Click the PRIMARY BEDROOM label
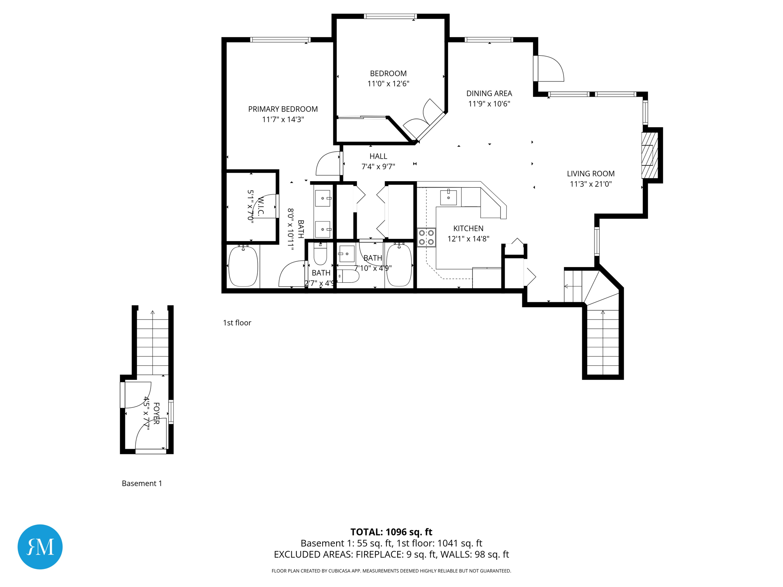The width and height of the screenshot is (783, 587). [x=283, y=109]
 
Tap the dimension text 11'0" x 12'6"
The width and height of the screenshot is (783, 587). [x=388, y=84]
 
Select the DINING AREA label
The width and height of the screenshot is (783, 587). [x=489, y=93]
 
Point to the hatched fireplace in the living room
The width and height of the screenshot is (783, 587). [x=649, y=155]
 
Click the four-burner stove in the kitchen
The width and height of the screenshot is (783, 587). [x=426, y=237]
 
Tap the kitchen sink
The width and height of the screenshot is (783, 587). [x=448, y=197]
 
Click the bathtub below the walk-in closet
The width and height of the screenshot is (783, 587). [x=243, y=266]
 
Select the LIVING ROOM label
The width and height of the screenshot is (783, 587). [x=590, y=174]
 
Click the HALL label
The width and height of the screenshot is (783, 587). [x=378, y=156]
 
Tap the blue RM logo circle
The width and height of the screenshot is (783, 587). [x=40, y=546]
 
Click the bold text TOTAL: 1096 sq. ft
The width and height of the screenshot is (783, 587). [x=391, y=532]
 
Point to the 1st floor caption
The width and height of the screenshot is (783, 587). [x=237, y=323]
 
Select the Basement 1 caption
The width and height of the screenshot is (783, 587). [x=142, y=483]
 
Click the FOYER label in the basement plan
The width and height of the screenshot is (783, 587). [x=156, y=413]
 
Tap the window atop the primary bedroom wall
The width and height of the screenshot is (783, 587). [x=280, y=40]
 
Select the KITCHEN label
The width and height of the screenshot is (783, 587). [x=468, y=229]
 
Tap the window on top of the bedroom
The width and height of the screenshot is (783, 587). [x=390, y=16]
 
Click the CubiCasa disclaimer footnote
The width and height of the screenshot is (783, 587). [x=391, y=571]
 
